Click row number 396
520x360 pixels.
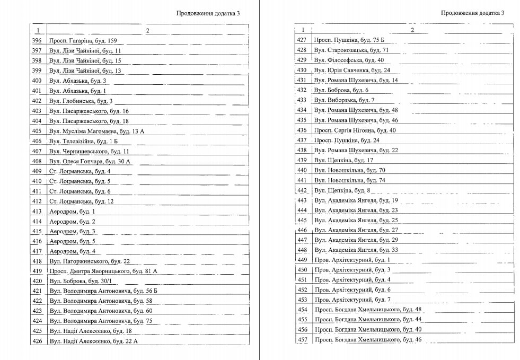[x=37, y=41]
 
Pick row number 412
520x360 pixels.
[x=37, y=201]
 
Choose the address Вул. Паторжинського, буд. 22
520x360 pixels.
[x=90, y=261]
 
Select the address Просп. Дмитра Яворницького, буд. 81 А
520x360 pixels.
[x=103, y=271]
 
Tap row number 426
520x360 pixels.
[x=37, y=341]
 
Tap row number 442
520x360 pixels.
[x=302, y=190]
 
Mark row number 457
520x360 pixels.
[x=302, y=340]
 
